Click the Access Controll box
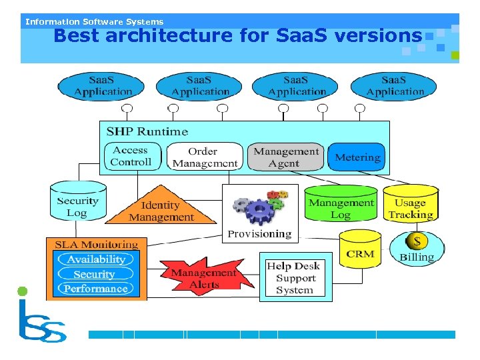coord(131,157)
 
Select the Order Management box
coord(204,157)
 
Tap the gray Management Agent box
coord(285,157)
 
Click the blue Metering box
coord(357,157)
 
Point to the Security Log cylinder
coord(77,203)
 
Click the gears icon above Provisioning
coord(259,208)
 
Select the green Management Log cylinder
coord(341,205)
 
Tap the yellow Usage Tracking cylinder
coord(410,205)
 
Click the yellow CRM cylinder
coord(360,251)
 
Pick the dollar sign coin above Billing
coord(418,241)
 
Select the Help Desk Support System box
coord(295,277)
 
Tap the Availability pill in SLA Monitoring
coord(95,259)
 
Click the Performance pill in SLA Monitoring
coord(95,289)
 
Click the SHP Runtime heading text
coord(147,131)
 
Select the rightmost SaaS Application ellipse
coord(394,86)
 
